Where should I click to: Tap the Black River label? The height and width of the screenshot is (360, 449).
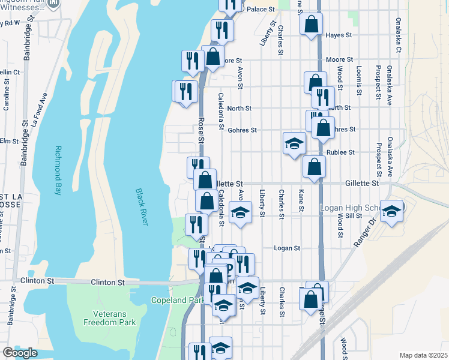tap(142, 207)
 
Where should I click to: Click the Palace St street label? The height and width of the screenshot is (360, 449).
tap(261, 10)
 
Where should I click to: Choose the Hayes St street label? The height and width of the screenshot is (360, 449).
tap(339, 35)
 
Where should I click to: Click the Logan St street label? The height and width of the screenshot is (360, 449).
tap(286, 248)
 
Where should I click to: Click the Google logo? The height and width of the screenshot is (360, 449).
tap(20, 353)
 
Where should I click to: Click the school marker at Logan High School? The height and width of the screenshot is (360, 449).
tap(392, 212)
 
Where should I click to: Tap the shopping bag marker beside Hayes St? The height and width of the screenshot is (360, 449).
tap(312, 25)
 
